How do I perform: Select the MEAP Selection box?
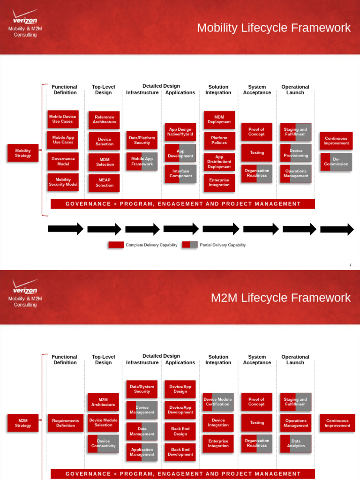click(104, 183)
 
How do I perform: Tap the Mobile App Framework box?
click(142, 161)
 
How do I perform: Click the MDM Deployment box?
click(219, 120)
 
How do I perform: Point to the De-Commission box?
click(336, 162)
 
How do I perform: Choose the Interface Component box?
click(180, 173)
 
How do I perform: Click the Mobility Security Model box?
click(63, 182)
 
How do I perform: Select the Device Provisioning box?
click(296, 153)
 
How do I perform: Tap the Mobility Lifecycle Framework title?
click(274, 28)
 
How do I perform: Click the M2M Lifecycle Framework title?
click(281, 298)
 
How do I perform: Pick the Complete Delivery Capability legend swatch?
click(116, 245)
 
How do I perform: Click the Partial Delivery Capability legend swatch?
click(190, 245)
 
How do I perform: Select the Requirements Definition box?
click(66, 423)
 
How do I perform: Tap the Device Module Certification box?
click(218, 402)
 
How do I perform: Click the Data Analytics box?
click(296, 443)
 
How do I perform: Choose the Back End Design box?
click(180, 431)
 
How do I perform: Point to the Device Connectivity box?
click(103, 443)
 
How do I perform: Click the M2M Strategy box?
click(22, 423)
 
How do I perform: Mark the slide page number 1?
click(350, 265)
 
